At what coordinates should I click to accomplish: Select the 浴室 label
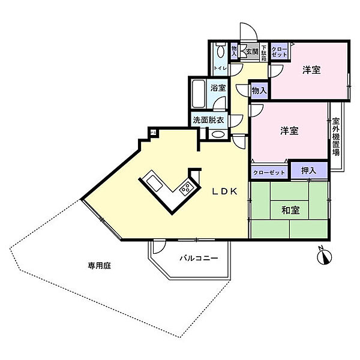[x=218, y=88]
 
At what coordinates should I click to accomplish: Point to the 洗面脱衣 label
[x=208, y=120]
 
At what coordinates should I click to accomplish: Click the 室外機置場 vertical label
[x=336, y=136]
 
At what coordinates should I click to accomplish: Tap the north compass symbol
[x=323, y=257]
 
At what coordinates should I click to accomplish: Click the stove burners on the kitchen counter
[x=185, y=189]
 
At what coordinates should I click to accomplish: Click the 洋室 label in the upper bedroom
[x=311, y=70]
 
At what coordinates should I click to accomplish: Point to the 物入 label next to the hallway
[x=259, y=91]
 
